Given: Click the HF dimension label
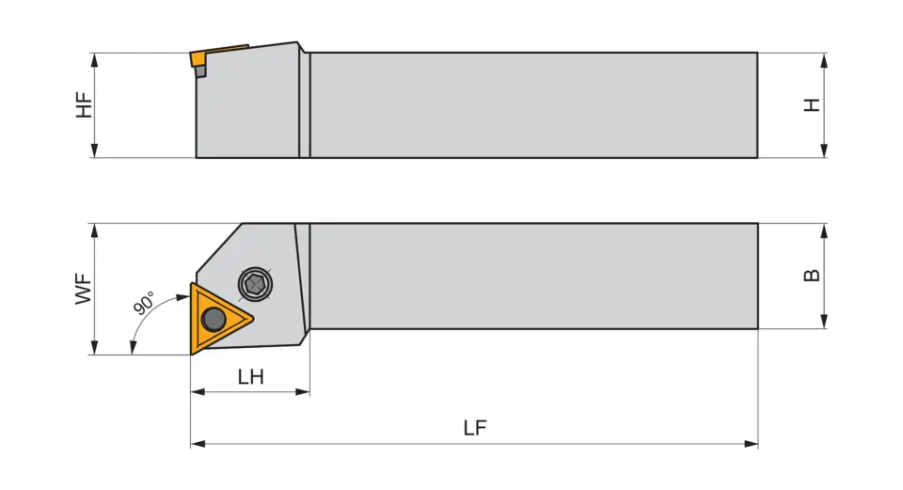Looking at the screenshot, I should point(85,104).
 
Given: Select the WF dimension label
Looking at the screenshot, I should point(85,289).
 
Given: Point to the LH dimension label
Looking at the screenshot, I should point(250,377).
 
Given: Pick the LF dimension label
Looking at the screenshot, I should point(475,428).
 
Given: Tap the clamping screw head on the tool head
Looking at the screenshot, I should point(253,281).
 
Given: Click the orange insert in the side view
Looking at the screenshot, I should point(198,59).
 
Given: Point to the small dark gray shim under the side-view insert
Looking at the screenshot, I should point(200,72).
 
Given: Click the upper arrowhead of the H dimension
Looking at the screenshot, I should point(824,59).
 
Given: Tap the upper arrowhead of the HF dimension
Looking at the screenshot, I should point(95,59).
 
